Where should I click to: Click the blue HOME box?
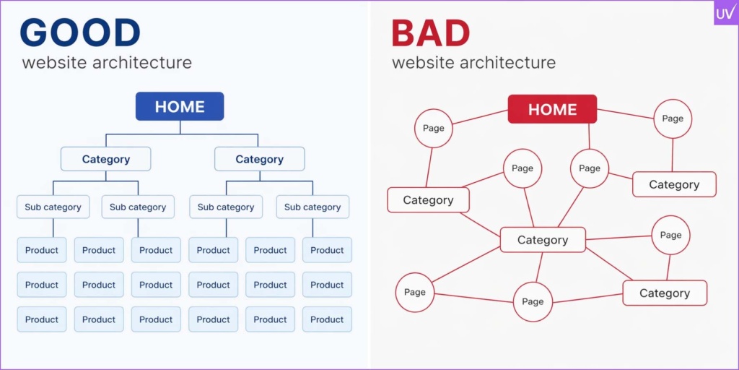[180, 106]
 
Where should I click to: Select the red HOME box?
[552, 109]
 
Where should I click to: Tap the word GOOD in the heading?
[80, 33]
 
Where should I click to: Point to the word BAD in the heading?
[431, 33]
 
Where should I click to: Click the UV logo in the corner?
[725, 13]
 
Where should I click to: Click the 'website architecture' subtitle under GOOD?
[107, 62]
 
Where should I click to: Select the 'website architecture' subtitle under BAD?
[473, 62]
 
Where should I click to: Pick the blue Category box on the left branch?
[105, 159]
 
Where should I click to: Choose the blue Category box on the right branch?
[259, 159]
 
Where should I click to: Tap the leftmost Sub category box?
[53, 207]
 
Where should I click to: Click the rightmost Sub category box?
[312, 207]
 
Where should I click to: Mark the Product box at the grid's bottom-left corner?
[42, 319]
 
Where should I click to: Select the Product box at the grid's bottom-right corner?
[327, 319]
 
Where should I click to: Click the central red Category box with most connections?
[543, 240]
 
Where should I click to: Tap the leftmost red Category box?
[428, 200]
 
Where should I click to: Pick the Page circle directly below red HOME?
[589, 168]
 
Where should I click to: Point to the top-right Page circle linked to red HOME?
[672, 119]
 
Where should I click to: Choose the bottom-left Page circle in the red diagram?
[414, 293]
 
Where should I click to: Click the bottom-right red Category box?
[664, 293]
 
